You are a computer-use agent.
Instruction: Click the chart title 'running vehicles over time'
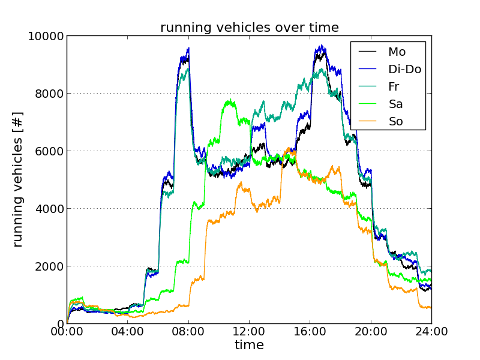249,27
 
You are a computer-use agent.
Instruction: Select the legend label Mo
397,52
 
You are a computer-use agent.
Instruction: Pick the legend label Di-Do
404,70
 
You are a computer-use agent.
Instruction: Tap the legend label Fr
393,87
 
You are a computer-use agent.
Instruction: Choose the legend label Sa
395,104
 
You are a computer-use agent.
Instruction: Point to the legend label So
395,122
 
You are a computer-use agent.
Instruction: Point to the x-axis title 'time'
249,346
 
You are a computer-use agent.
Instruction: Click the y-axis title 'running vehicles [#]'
18,180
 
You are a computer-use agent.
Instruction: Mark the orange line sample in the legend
367,122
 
